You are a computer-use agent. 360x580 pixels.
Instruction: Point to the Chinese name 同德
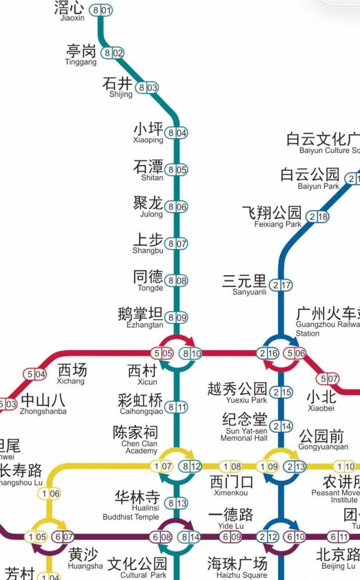[x=148, y=277]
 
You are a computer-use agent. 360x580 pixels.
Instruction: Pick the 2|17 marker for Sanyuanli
[x=281, y=285]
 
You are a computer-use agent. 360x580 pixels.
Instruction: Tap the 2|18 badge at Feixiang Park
[x=317, y=217]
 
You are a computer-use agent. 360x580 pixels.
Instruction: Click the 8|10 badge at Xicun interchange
[x=191, y=354]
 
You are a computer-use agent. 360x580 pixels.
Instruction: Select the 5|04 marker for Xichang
[x=34, y=374]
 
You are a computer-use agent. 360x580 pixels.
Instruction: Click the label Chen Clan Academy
[x=139, y=447]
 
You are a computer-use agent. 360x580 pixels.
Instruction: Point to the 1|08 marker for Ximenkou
[x=231, y=466]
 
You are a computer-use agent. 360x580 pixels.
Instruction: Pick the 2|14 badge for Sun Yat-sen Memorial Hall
[x=281, y=426]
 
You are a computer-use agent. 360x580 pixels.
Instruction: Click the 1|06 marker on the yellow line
[x=49, y=493]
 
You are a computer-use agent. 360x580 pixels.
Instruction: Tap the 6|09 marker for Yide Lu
[x=231, y=537]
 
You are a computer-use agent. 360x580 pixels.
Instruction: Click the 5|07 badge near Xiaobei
[x=328, y=379]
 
